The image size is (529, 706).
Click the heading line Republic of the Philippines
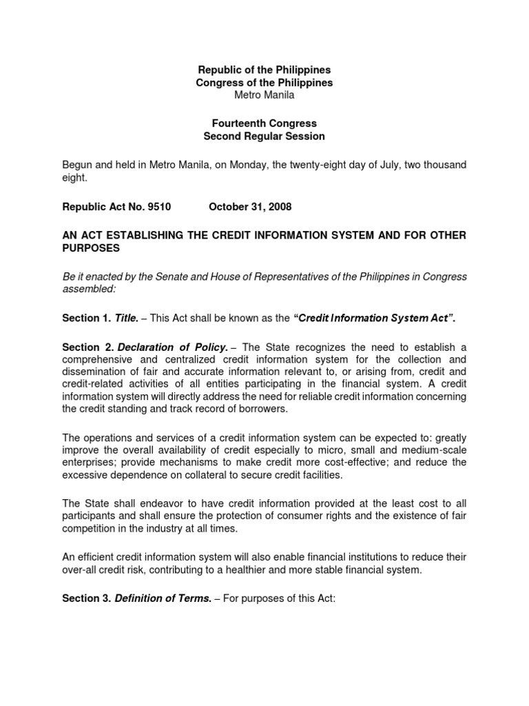click(x=264, y=70)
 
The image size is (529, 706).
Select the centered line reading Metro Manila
click(x=264, y=95)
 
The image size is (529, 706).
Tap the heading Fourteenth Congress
click(x=264, y=123)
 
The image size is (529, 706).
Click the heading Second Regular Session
click(x=264, y=137)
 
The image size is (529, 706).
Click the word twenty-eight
click(x=307, y=165)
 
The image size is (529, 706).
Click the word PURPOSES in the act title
click(x=91, y=248)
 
